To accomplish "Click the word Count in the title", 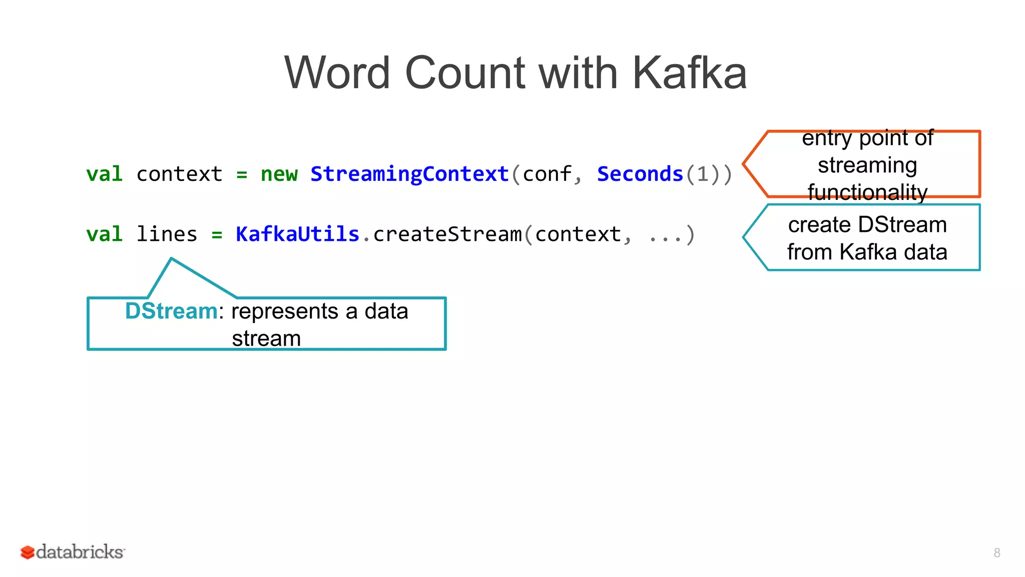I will (x=464, y=73).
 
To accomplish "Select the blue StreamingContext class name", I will (x=409, y=174).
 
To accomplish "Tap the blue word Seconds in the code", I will (x=640, y=174).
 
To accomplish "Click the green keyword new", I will (x=279, y=174).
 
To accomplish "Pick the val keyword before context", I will (x=104, y=174).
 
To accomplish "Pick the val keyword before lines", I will (x=104, y=234).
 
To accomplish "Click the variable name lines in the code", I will (x=167, y=234).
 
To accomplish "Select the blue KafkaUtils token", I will (x=297, y=234).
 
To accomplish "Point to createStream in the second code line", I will (x=447, y=234).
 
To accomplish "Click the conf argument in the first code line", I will (x=547, y=174).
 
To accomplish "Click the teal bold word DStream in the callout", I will (x=171, y=311).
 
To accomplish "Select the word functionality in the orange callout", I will (x=867, y=192).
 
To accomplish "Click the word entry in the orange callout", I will (x=826, y=138).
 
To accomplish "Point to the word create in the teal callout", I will (x=819, y=225).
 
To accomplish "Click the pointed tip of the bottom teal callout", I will (x=172, y=259).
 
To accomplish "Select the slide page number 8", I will (x=996, y=553).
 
